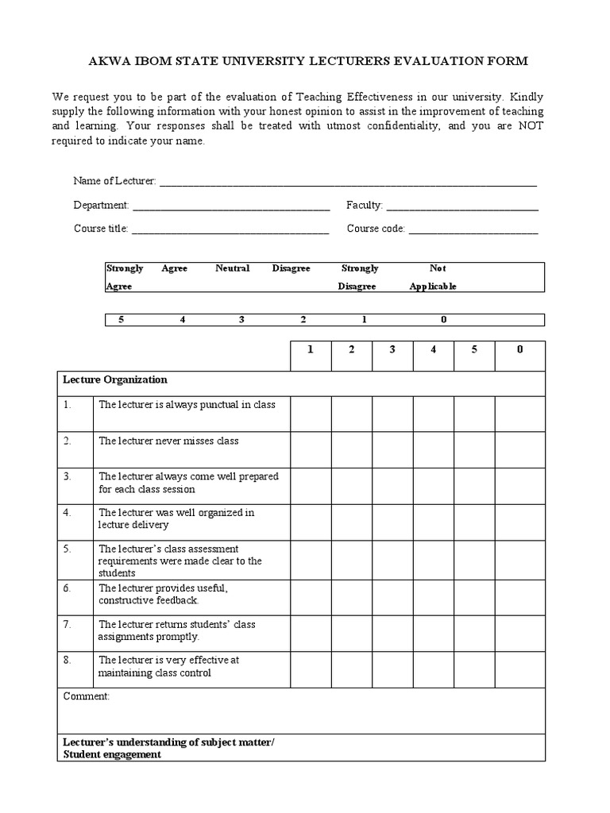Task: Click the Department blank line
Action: tap(230, 208)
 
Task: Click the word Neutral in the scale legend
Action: tap(232, 268)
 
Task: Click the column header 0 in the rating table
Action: tap(520, 350)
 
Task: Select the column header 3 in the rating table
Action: tap(392, 350)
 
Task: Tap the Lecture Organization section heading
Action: tap(115, 380)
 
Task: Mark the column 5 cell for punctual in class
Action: tap(474, 414)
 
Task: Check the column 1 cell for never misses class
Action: tap(311, 449)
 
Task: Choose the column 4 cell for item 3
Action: tap(433, 485)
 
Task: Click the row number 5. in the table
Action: tap(68, 549)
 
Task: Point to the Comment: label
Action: tap(87, 696)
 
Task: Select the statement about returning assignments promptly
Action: tap(176, 630)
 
